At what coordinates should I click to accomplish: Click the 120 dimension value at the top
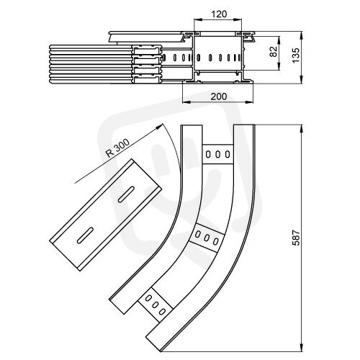[x=219, y=14]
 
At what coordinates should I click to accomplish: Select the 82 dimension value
[x=274, y=51]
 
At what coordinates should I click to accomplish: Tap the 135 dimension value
[x=296, y=55]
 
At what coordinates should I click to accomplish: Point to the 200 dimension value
[x=219, y=96]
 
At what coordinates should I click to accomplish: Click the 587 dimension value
[x=296, y=238]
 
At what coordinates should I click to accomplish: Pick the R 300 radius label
[x=118, y=148]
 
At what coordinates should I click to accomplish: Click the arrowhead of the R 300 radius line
[x=160, y=127]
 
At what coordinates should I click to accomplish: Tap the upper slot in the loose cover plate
[x=126, y=194]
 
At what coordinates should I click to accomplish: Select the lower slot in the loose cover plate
[x=85, y=235]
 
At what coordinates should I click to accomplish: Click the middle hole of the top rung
[x=217, y=154]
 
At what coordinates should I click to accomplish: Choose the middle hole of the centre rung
[x=207, y=238]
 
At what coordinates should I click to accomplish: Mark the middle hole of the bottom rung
[x=156, y=305]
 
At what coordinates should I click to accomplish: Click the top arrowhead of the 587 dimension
[x=302, y=128]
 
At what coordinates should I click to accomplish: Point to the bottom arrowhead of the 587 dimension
[x=302, y=348]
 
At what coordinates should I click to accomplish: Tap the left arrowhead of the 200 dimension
[x=186, y=102]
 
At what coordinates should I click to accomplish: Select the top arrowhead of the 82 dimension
[x=279, y=40]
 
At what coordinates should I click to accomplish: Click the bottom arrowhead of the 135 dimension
[x=302, y=80]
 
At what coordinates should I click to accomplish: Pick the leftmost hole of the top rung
[x=208, y=154]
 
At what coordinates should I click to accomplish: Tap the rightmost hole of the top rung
[x=228, y=154]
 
